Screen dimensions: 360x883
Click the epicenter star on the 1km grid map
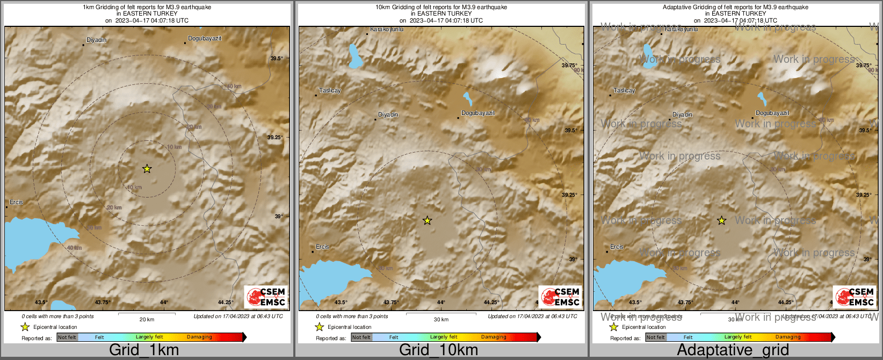(147, 169)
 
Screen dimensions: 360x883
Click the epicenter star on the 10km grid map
(427, 220)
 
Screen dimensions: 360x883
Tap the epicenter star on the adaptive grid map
(721, 220)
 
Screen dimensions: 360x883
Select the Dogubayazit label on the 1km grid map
(205, 39)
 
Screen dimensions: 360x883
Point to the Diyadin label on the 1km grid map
(97, 40)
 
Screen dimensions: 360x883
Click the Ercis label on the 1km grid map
(16, 203)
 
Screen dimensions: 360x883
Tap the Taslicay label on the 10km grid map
(330, 91)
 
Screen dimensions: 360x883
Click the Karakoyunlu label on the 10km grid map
(387, 30)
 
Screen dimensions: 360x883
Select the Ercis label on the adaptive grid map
(617, 247)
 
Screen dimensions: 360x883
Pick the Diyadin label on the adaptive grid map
(682, 115)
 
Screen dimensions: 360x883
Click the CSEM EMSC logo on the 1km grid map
(266, 297)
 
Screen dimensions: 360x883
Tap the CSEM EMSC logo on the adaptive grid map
(855, 297)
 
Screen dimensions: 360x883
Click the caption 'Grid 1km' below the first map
(144, 350)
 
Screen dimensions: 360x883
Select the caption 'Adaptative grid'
(733, 350)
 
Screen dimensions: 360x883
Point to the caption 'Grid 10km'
(438, 350)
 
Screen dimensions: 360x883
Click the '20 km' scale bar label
(147, 320)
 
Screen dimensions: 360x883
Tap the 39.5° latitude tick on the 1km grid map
(277, 59)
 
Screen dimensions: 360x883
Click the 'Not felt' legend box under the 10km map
(361, 337)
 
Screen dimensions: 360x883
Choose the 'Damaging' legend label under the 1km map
(199, 337)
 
